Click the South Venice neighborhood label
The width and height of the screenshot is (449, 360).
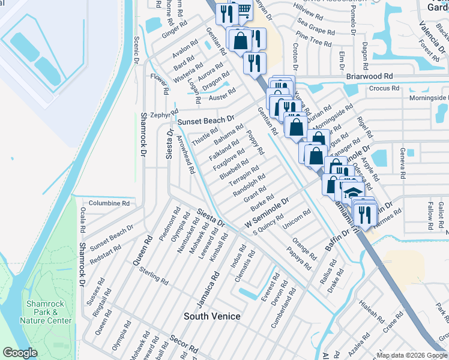pyautogui.click(x=212, y=316)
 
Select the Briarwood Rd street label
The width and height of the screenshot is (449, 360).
pyautogui.click(x=369, y=77)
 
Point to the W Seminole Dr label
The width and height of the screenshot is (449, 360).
pyautogui.click(x=267, y=214)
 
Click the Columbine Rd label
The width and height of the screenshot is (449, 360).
pyautogui.click(x=109, y=203)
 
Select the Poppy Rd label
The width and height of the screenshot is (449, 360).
pyautogui.click(x=256, y=143)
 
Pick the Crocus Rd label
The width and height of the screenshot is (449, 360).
pyautogui.click(x=384, y=88)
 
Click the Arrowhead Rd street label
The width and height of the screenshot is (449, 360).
pyautogui.click(x=185, y=154)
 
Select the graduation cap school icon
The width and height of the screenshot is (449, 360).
pyautogui.click(x=351, y=193)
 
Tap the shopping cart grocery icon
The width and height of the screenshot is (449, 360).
pyautogui.click(x=244, y=10)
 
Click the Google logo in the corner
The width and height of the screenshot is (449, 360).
pyautogui.click(x=20, y=353)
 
